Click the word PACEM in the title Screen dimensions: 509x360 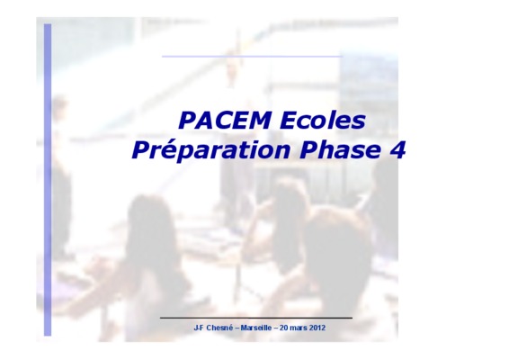(225, 121)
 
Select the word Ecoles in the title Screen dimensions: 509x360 (322, 121)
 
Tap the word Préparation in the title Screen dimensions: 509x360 (211, 149)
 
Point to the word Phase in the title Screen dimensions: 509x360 (340, 149)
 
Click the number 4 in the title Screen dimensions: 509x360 (397, 149)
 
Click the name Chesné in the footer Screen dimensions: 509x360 (219, 328)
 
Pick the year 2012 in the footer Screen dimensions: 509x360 (317, 328)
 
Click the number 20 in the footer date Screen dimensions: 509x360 (283, 328)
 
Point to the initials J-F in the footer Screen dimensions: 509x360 (199, 328)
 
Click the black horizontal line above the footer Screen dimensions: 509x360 (256, 318)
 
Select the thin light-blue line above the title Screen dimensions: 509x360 (252, 56)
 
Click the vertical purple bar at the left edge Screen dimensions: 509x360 (48, 180)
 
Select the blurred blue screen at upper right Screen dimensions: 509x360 (369, 81)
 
